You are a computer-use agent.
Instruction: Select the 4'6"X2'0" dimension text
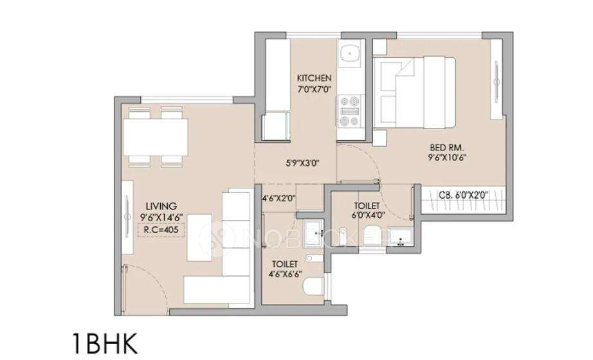tap(278, 199)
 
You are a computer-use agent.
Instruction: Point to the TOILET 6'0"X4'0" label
tap(368, 211)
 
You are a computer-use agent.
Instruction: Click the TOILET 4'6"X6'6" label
tap(285, 269)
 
